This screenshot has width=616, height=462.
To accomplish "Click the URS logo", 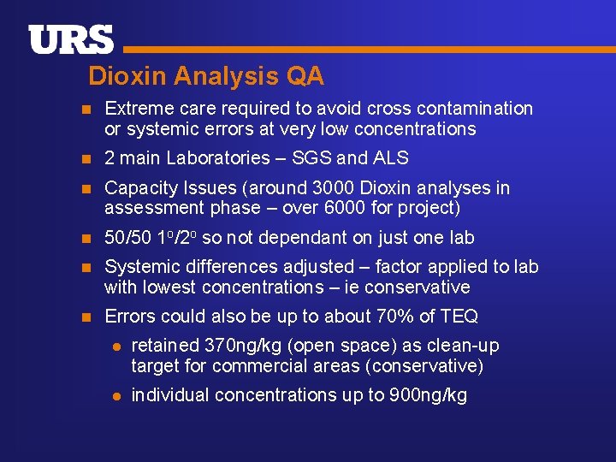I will click(x=71, y=40).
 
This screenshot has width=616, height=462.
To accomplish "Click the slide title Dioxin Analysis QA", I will click(x=206, y=76).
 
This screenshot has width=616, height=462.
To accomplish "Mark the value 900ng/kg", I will click(x=426, y=395).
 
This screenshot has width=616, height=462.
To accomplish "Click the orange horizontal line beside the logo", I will click(x=368, y=50).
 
